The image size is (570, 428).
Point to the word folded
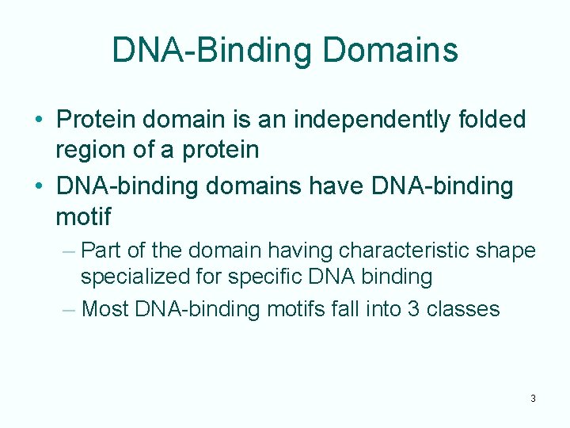491,120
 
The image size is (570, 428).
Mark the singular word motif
83,216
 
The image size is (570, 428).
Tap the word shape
511,252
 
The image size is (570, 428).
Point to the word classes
463,308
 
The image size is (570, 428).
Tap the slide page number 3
533,398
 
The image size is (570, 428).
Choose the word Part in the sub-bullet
99,251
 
